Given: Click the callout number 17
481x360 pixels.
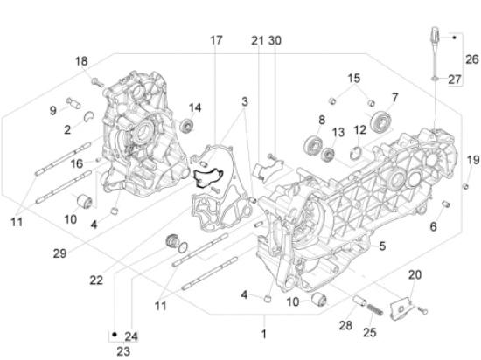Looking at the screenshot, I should click(x=216, y=41).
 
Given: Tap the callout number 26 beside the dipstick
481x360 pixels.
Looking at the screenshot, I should click(x=471, y=59).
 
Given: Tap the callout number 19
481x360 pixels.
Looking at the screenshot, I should click(x=471, y=159).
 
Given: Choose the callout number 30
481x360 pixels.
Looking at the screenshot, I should click(x=275, y=41).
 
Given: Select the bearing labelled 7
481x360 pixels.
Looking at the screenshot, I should click(x=380, y=120).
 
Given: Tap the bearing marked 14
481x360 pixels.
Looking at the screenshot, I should click(x=186, y=128).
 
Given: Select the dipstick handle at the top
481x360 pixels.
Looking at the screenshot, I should click(x=435, y=38).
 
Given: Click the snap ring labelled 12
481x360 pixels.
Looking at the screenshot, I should click(x=354, y=154).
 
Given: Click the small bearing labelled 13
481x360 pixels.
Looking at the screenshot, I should click(x=329, y=156).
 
